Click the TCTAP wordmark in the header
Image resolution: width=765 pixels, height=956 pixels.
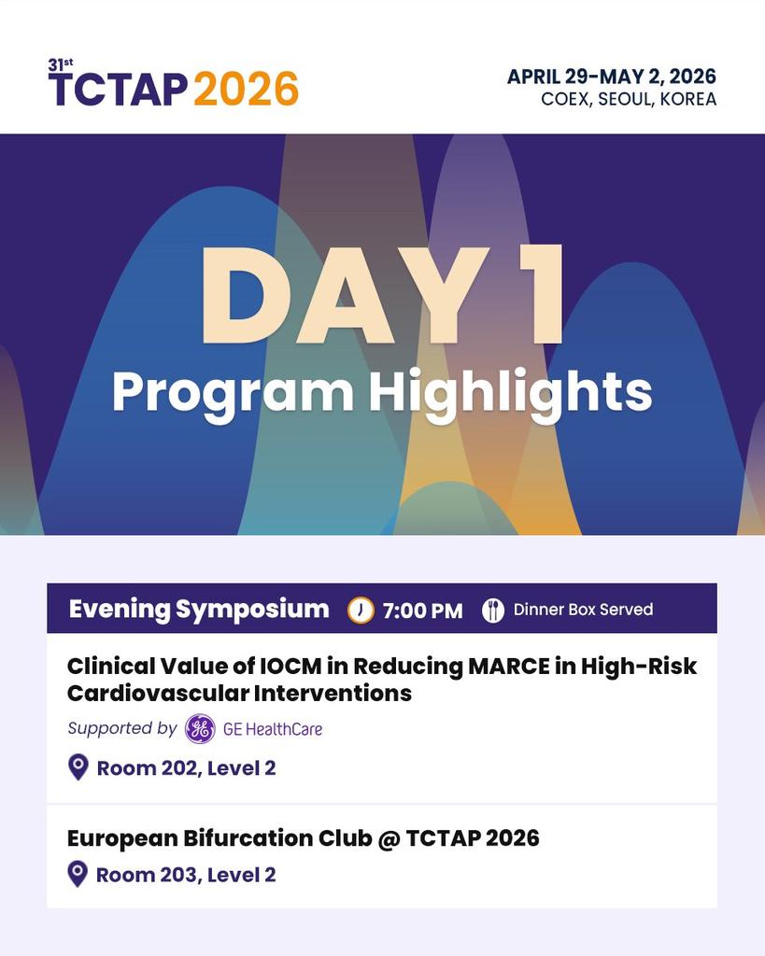tap(118, 89)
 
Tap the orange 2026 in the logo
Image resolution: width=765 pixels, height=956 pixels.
tap(246, 89)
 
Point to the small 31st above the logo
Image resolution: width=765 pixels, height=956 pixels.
tap(60, 64)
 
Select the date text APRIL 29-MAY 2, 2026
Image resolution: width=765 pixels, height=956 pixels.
tap(611, 77)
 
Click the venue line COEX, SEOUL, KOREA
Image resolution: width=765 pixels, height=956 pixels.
tap(628, 100)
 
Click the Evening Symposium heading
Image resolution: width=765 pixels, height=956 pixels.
tap(199, 610)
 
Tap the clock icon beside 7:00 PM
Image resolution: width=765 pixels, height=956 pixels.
tap(361, 611)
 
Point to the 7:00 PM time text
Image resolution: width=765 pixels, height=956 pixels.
tap(422, 611)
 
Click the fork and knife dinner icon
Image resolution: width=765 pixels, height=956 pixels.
tap(493, 611)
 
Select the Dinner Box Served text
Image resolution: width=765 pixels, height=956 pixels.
tap(583, 611)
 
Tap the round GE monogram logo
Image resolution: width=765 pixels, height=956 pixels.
tap(200, 729)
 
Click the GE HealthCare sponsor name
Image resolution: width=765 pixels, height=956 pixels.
tap(272, 729)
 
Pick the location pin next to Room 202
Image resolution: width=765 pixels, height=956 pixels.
tap(78, 767)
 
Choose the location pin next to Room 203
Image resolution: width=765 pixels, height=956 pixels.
tap(78, 874)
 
